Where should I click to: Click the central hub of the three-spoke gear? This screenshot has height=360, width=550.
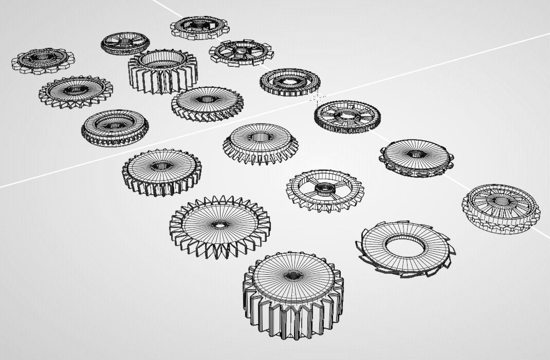tap(325, 188)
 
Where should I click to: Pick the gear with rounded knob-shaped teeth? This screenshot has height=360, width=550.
tap(416, 157)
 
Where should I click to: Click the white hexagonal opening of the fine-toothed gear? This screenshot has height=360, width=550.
tap(289, 81)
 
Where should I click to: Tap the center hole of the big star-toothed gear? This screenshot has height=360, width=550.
tap(219, 225)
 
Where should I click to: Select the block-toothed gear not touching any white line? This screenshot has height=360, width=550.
tap(43, 61)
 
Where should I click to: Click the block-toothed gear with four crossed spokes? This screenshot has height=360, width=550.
tap(240, 51)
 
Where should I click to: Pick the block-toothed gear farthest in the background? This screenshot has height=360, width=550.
tap(199, 27)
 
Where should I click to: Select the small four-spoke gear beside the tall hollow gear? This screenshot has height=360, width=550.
tap(125, 43)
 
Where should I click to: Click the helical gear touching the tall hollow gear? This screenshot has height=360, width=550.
tap(207, 103)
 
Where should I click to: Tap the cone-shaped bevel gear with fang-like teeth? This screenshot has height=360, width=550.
tap(261, 142)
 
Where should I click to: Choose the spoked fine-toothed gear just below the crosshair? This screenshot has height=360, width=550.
tap(347, 116)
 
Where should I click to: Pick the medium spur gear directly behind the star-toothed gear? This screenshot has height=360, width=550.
tap(161, 171)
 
